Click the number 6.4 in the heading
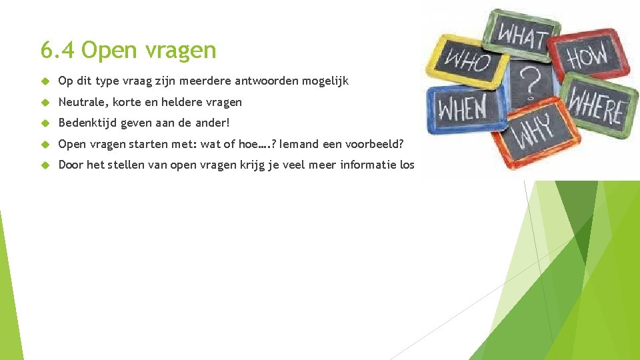[x=57, y=50]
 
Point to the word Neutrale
[x=83, y=102]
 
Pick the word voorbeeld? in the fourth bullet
[x=371, y=143]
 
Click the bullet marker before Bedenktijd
[x=45, y=123]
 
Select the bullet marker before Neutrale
[x=45, y=102]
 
